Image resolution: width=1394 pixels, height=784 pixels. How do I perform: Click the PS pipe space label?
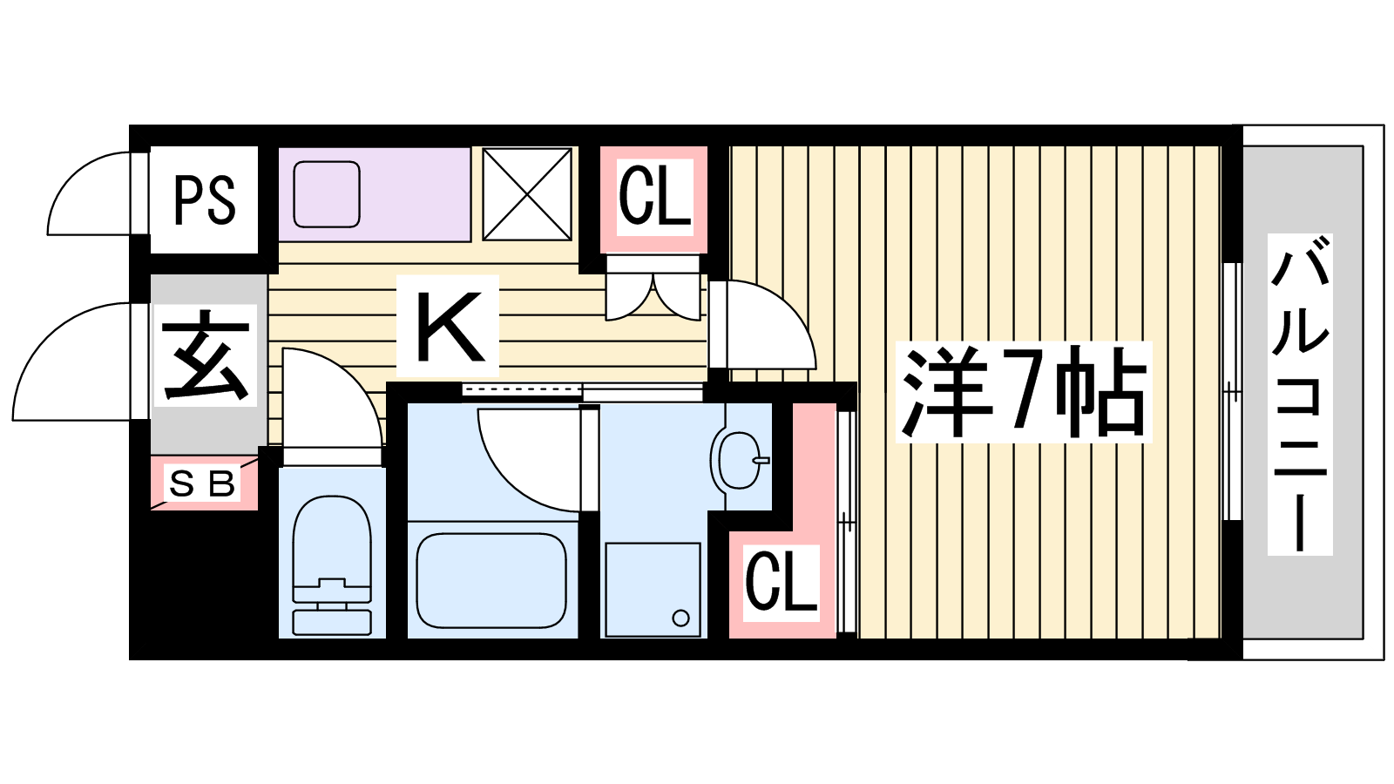(205, 200)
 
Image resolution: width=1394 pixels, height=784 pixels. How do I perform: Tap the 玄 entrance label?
(206, 355)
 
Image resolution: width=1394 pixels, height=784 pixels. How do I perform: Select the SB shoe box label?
(203, 483)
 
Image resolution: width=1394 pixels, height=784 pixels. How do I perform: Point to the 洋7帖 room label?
(1024, 392)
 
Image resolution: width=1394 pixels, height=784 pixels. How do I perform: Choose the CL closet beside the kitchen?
(654, 198)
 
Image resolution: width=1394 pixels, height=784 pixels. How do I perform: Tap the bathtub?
(492, 580)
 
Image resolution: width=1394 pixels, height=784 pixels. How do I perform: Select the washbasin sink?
(739, 459)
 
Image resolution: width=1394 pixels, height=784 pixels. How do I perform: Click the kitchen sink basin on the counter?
(327, 194)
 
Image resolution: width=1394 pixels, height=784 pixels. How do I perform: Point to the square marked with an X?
(527, 194)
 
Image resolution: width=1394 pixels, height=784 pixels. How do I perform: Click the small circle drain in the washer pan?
(681, 618)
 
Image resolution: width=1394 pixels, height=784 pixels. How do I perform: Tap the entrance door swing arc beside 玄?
(74, 362)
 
